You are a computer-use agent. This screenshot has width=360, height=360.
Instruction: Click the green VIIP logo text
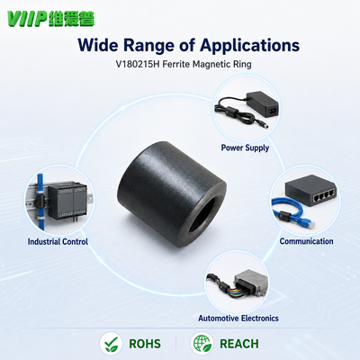pos(27,19)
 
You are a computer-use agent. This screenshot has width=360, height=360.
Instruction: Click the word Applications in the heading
pos(249,46)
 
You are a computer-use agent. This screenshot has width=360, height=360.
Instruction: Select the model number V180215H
pos(138,64)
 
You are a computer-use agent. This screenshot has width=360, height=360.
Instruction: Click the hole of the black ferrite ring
pos(202,215)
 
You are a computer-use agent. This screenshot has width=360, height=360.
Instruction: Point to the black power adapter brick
pos(262,104)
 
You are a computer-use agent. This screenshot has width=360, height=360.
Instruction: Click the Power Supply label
pos(245,148)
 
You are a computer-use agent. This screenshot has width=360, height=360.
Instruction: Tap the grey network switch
pos(310,190)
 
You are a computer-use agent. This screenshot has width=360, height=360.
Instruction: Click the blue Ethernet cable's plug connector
pos(308,222)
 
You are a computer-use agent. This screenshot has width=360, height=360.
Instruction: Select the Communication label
pos(306,241)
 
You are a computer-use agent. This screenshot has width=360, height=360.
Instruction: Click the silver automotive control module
pos(251,283)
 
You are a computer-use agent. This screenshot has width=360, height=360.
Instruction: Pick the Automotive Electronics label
pos(238,318)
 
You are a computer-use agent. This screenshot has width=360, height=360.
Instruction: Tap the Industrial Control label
pos(58,241)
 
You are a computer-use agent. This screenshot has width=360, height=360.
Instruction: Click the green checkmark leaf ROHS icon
pos(111,344)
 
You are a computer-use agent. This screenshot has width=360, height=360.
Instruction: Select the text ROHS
pos(145,344)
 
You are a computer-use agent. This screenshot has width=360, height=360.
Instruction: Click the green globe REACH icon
pos(202,344)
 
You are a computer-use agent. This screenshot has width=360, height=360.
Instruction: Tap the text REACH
pos(239,344)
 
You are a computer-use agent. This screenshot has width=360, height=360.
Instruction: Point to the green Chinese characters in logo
pos(72,19)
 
